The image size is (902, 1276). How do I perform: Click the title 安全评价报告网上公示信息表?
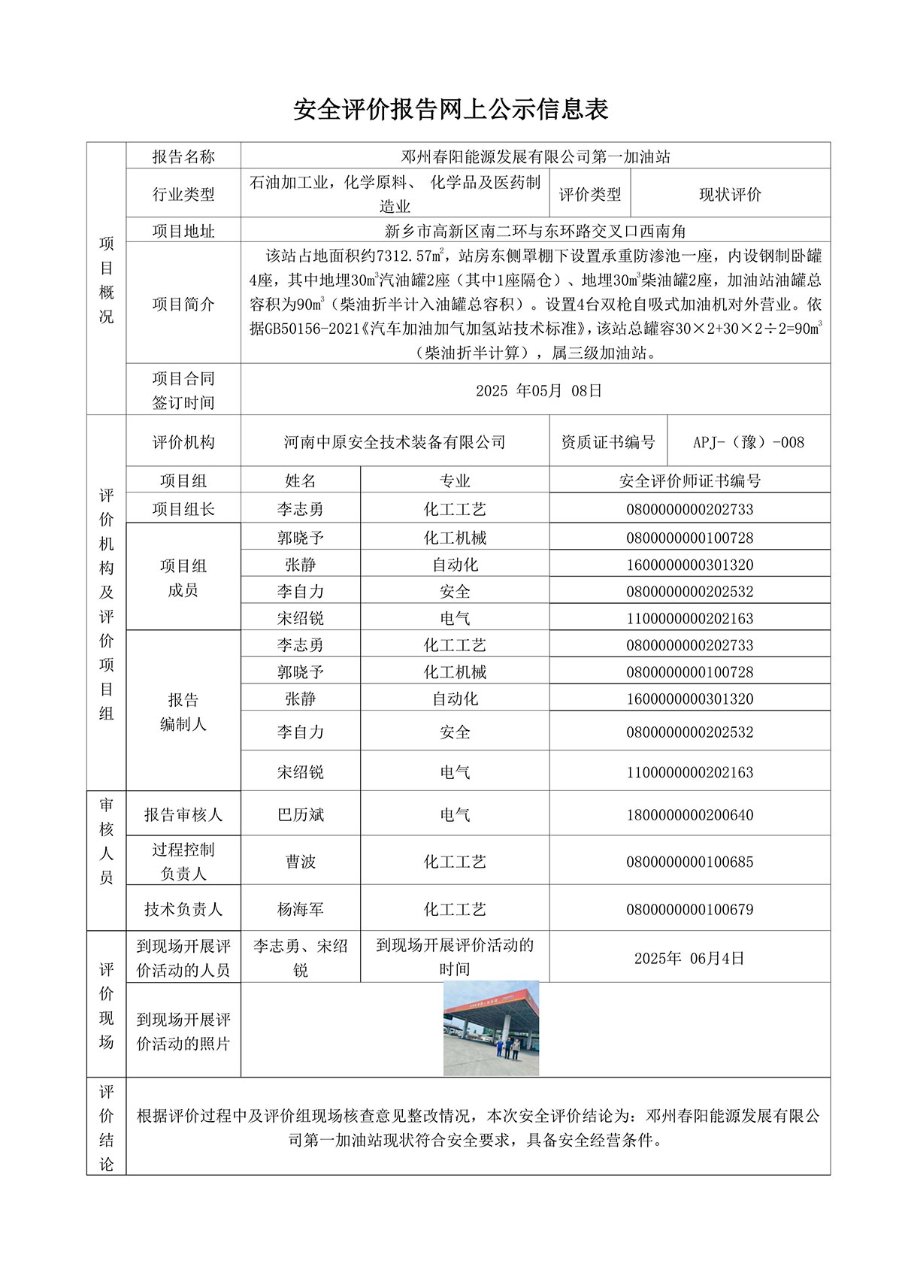click(450, 110)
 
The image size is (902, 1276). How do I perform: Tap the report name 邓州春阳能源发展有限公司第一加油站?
click(535, 156)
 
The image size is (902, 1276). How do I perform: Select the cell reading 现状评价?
click(730, 194)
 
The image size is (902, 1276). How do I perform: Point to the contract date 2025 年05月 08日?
click(538, 390)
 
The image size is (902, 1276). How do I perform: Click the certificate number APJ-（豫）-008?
click(749, 442)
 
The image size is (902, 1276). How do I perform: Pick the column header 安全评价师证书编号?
click(689, 480)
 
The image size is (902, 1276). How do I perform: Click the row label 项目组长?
click(183, 509)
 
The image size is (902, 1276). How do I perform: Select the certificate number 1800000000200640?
click(689, 815)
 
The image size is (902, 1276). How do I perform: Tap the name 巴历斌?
click(301, 815)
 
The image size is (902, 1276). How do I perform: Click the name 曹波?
click(301, 862)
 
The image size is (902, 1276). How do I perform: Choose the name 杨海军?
click(301, 909)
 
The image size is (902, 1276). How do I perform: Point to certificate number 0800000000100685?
click(689, 862)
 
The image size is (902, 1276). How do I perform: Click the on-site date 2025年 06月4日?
click(689, 958)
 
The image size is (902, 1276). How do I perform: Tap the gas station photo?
click(491, 1028)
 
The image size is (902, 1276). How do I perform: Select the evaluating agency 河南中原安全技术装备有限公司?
click(395, 442)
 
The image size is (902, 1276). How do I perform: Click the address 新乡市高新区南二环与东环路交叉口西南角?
click(535, 231)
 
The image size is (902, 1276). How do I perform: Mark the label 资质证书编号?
click(608, 442)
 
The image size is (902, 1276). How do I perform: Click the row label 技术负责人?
click(183, 909)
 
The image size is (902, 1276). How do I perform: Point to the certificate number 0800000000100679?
click(689, 909)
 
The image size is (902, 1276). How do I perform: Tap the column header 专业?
click(455, 480)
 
